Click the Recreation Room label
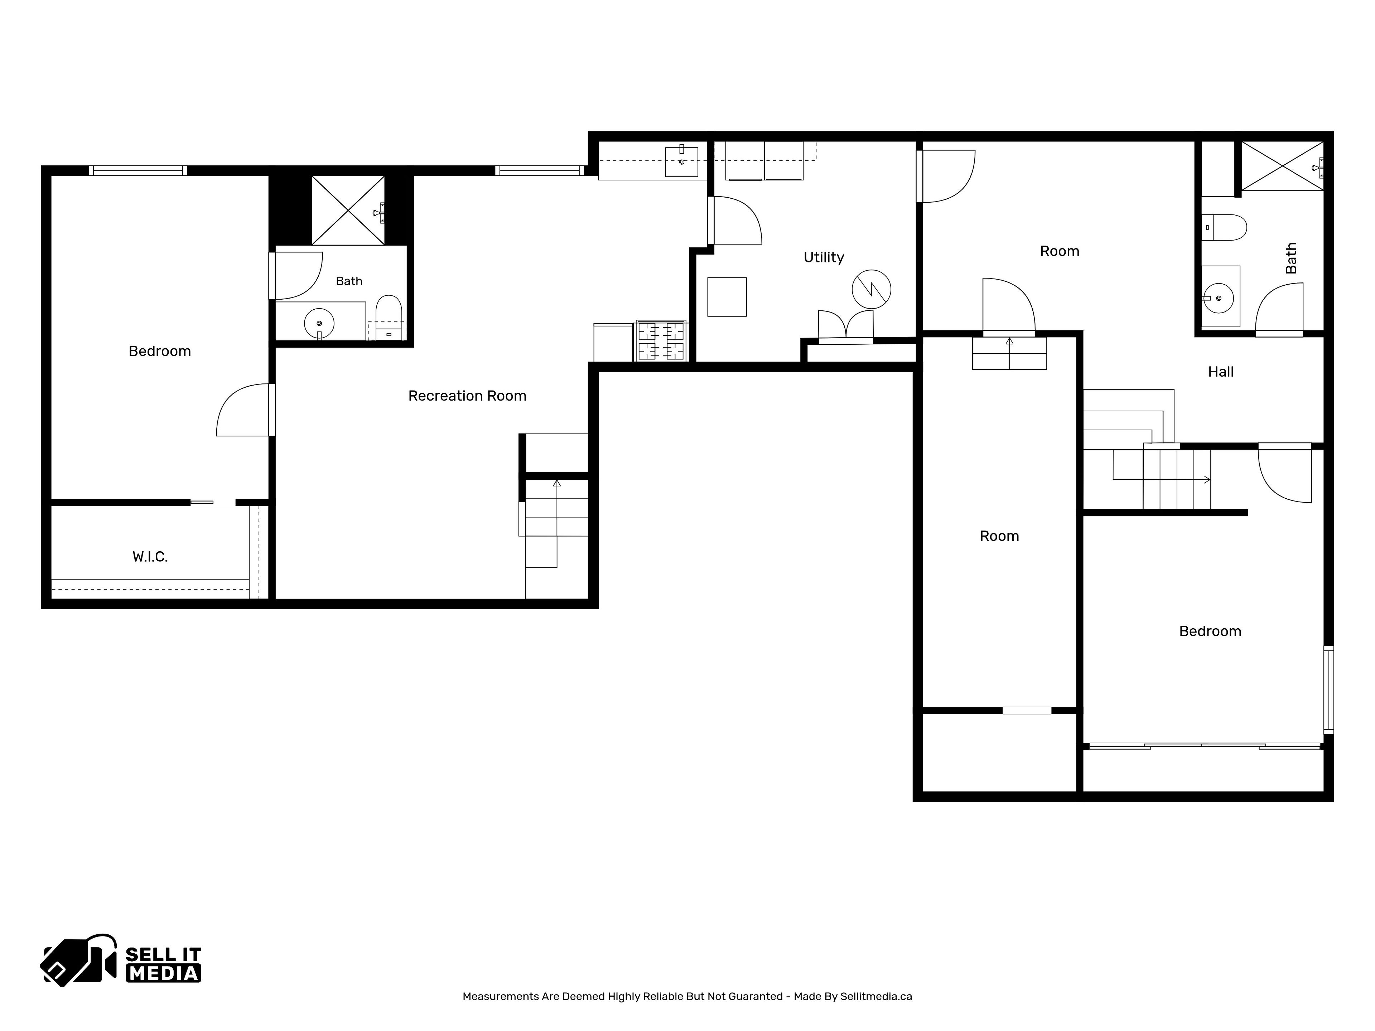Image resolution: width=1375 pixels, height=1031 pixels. pos(467,396)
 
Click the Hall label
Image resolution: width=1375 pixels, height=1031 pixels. pos(1220,372)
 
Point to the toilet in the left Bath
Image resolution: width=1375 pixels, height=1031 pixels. pos(389,318)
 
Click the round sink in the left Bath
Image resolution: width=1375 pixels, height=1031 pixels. pos(319,323)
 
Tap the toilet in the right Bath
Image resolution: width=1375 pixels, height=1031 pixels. pos(1224,227)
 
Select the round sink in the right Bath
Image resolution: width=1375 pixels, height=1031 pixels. pos(1219,298)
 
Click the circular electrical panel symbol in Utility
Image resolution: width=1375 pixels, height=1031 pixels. pos(872,289)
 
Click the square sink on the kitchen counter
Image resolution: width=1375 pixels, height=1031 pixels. pos(681,161)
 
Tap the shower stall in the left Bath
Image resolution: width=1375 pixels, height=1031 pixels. pos(348,210)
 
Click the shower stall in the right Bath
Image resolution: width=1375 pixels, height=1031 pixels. pos(1282,166)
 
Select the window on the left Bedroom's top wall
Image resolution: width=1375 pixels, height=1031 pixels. pos(137,170)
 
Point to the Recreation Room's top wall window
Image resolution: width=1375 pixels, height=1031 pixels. pos(540,170)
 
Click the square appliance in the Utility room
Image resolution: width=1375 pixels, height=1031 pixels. pos(727,297)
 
